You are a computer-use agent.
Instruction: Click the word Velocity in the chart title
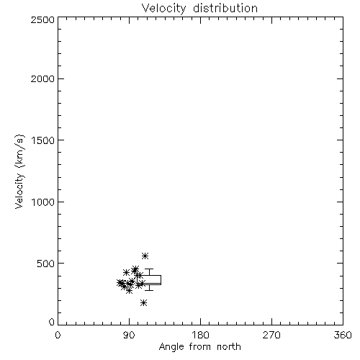click(163, 9)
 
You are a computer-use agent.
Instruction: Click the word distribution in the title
click(225, 8)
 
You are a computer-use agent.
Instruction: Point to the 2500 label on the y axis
click(42, 19)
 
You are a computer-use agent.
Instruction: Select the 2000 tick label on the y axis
click(42, 78)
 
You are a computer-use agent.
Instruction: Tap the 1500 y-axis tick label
click(43, 140)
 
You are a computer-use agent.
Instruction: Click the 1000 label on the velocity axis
click(43, 202)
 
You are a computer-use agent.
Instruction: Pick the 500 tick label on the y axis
click(46, 264)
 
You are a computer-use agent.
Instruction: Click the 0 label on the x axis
click(58, 335)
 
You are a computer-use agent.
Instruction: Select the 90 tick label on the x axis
click(129, 335)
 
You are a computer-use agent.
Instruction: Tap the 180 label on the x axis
click(200, 335)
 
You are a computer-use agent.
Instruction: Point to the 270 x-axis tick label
click(271, 335)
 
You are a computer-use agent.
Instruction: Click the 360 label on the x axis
click(343, 335)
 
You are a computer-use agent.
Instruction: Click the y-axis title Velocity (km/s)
click(19, 171)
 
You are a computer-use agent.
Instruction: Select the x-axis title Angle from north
click(200, 347)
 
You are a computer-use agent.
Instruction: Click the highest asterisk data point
click(145, 256)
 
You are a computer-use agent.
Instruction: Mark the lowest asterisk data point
click(143, 303)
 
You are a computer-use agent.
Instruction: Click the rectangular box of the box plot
click(149, 276)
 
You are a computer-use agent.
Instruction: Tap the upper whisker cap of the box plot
click(149, 269)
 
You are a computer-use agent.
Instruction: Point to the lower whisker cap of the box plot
click(149, 290)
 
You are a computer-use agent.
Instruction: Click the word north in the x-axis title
click(229, 346)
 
